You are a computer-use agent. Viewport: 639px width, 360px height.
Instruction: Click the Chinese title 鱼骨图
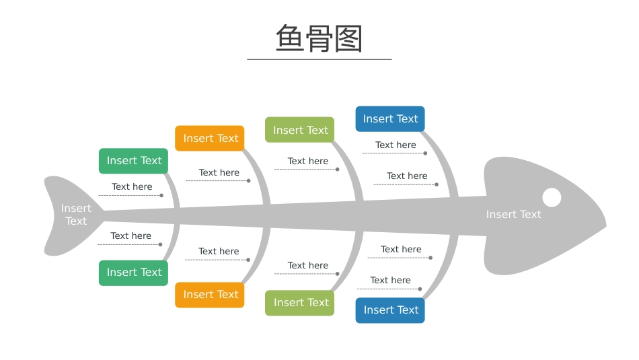point(319,38)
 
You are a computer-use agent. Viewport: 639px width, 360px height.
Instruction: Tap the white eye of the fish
point(552,197)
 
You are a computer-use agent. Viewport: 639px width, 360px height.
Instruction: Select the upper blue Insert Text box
point(390,118)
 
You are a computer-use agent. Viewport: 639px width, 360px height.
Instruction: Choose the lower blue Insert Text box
point(390,310)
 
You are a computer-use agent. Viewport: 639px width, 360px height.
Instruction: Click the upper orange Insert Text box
point(209,138)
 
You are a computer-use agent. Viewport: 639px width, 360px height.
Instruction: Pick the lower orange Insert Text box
point(209,295)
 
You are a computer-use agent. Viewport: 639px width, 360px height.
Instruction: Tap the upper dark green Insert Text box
point(133,161)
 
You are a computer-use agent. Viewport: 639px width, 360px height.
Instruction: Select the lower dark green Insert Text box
point(133,273)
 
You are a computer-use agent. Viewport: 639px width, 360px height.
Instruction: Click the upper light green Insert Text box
point(299,130)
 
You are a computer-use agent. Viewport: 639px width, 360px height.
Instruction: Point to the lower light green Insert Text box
point(299,303)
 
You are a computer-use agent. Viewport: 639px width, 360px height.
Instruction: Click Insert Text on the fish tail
point(76,215)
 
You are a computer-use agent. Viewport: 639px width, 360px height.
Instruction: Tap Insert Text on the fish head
point(513,214)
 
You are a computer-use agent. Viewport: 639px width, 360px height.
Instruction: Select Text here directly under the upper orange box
point(219,172)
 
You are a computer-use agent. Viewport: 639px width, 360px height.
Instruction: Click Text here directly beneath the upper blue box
point(396,145)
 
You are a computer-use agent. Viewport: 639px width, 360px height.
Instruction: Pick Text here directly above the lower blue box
point(390,280)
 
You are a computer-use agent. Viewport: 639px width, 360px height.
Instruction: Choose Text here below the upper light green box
point(307,161)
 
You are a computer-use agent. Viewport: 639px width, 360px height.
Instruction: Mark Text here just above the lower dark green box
point(130,236)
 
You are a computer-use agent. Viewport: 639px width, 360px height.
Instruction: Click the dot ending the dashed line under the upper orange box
point(249,180)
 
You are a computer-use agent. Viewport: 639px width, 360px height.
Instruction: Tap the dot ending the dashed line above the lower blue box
point(420,289)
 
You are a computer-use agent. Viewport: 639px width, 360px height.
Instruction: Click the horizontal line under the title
point(319,59)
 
